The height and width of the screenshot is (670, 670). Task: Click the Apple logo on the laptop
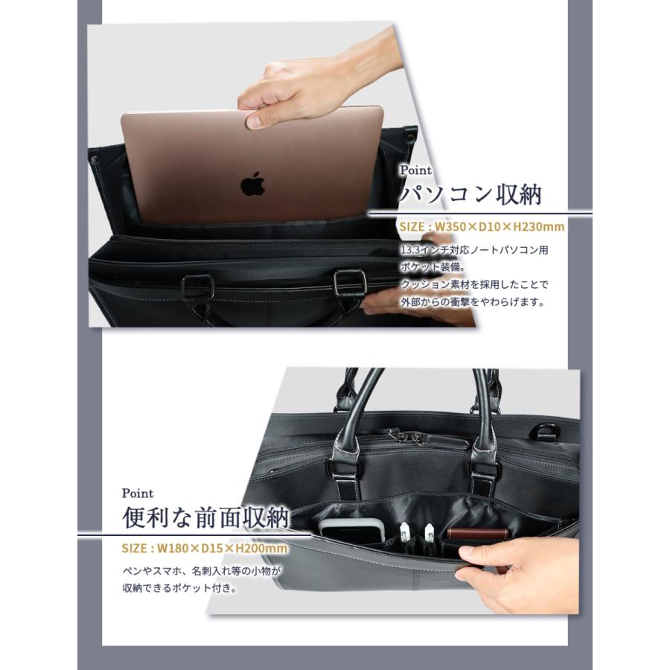pos(253,182)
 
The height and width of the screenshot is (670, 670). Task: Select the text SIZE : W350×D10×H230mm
pos(482,226)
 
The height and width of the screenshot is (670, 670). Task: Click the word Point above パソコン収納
pos(415,170)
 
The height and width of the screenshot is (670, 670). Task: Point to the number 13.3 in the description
pos(411,250)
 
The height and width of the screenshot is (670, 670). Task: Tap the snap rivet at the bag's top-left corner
pos(96,156)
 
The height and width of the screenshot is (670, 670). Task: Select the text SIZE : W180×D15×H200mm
pos(204,549)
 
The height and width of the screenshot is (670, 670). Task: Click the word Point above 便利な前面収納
pos(138,494)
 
